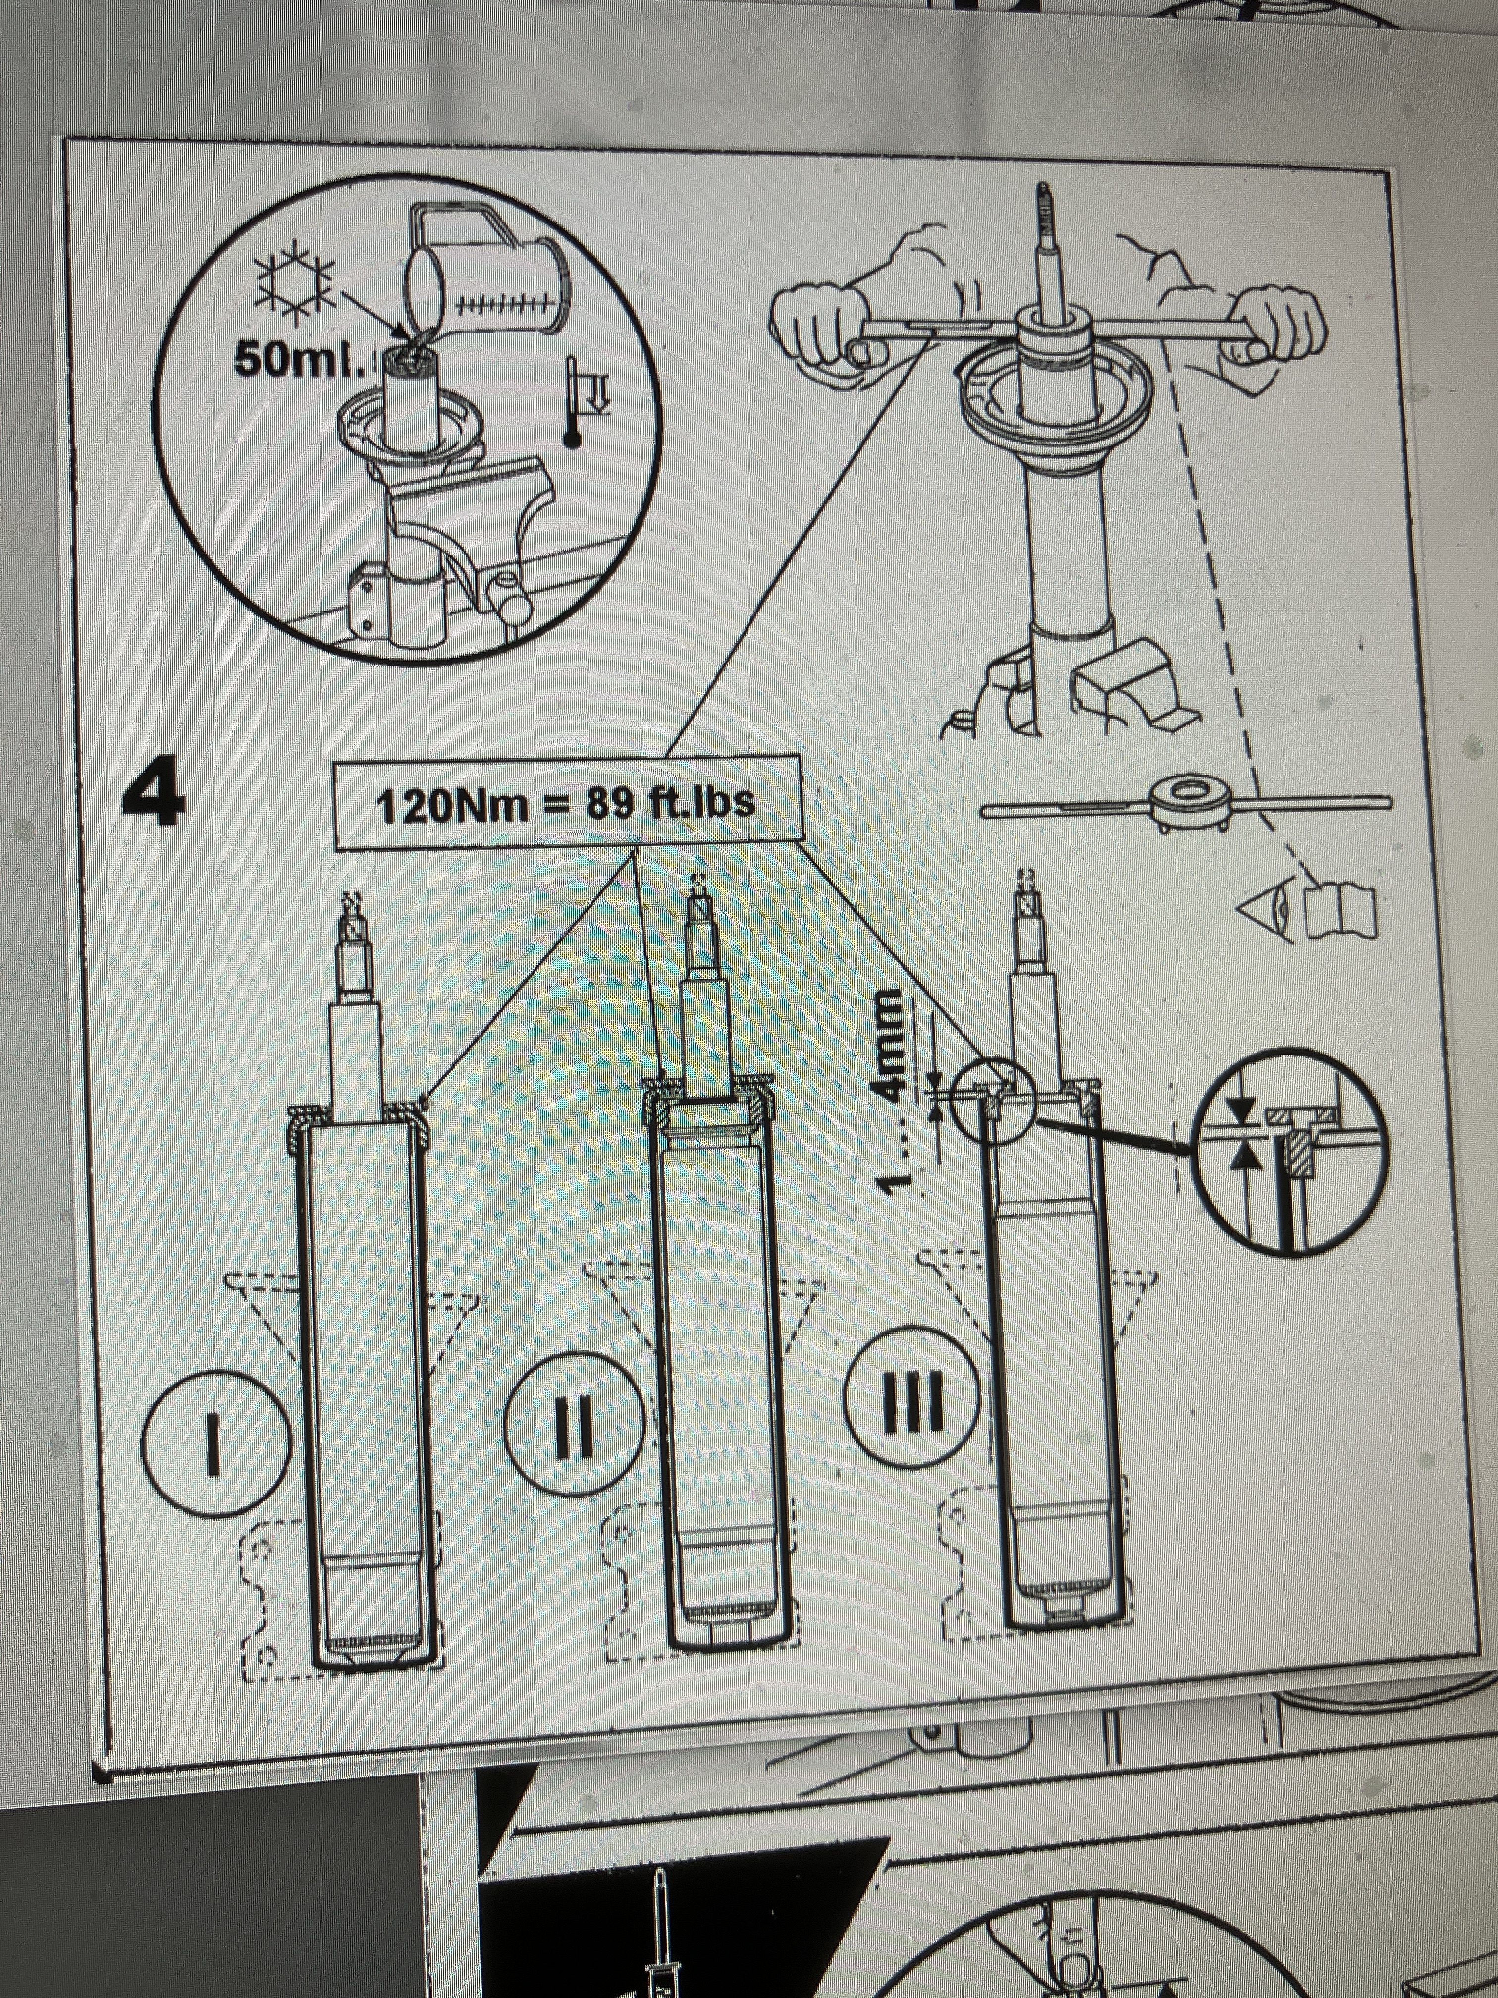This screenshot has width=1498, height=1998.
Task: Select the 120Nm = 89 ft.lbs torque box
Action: [x=567, y=803]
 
